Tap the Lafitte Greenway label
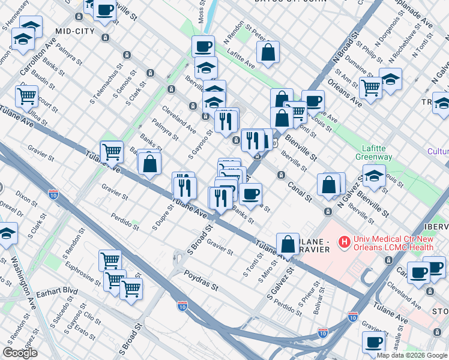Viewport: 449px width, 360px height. [x=377, y=152]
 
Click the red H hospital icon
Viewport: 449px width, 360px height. [x=344, y=242]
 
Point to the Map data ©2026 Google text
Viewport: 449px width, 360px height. [x=412, y=355]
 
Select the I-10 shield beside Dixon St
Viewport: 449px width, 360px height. [x=53, y=194]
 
